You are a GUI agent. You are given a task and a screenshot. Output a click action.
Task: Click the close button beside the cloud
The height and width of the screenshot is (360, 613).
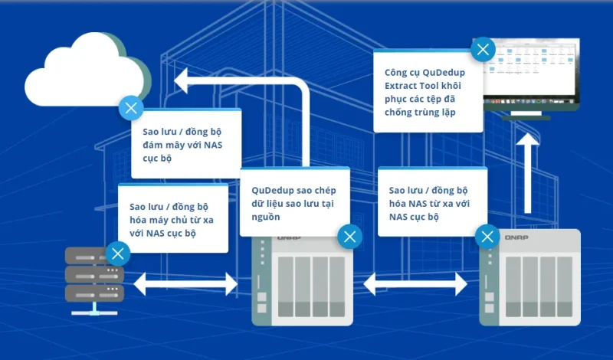click(x=131, y=106)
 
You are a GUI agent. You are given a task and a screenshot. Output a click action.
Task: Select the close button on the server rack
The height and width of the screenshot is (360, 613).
click(x=117, y=254)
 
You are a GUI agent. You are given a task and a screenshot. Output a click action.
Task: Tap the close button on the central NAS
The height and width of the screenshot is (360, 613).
click(x=350, y=236)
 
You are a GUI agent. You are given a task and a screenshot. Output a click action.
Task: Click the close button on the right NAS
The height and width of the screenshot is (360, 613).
click(x=487, y=236)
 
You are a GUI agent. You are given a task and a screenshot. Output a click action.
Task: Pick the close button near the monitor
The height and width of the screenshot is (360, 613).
click(x=483, y=51)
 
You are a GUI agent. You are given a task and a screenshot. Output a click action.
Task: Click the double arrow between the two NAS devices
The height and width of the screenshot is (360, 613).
click(x=415, y=283)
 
